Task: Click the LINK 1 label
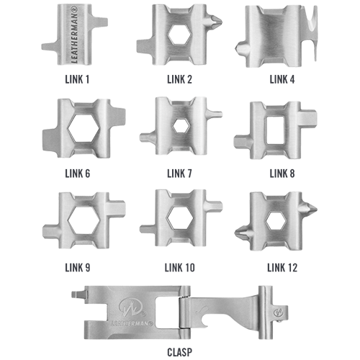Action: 77,79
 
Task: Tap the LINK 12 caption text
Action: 282,268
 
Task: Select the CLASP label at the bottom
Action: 180,352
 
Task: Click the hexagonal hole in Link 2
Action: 179,35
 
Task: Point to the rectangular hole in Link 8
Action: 275,130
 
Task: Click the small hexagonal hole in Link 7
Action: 181,126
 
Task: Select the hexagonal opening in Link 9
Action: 84,220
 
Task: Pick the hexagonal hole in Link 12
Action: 276,220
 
